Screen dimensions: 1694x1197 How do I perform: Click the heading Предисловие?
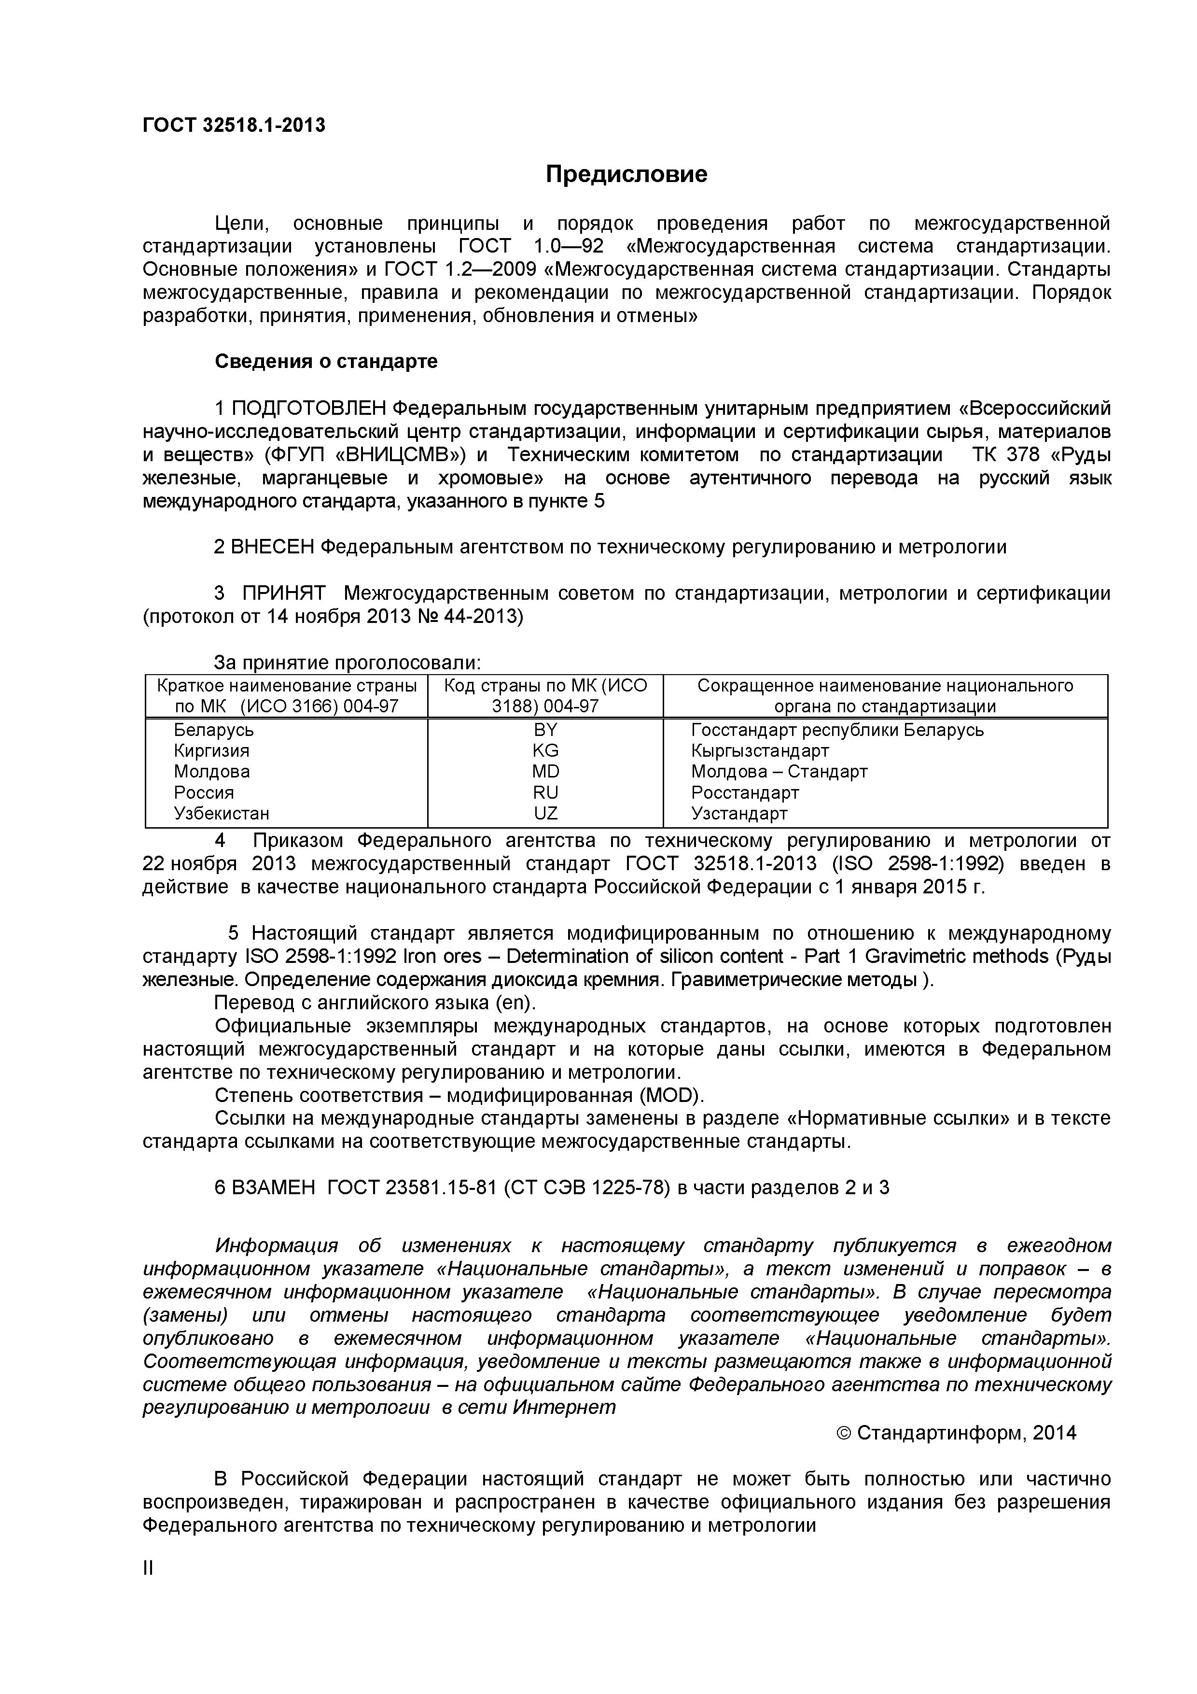point(626,174)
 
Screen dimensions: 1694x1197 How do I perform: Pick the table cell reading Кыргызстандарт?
point(760,750)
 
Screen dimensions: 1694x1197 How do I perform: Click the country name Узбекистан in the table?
point(221,813)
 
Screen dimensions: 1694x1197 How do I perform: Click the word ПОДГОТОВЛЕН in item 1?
point(309,408)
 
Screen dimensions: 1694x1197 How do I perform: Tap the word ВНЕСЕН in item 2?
point(272,547)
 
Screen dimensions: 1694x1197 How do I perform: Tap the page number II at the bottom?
point(148,1568)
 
